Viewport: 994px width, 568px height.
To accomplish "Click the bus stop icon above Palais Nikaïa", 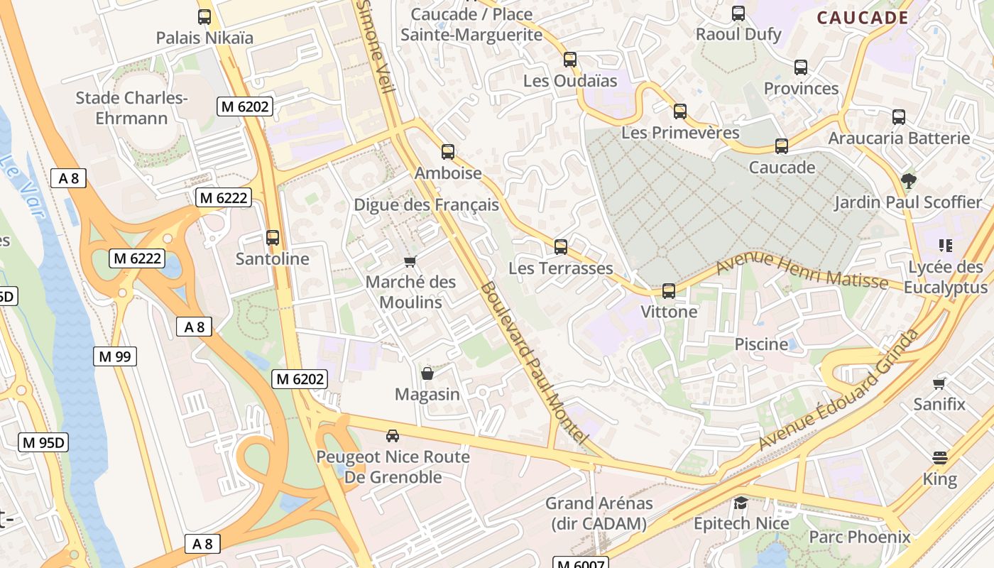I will [204, 17].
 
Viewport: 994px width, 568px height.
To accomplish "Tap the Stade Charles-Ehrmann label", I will [131, 108].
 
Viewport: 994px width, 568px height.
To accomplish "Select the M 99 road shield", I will [114, 356].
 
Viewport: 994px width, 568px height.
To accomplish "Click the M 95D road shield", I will [43, 442].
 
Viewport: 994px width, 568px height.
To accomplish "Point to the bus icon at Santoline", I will [273, 238].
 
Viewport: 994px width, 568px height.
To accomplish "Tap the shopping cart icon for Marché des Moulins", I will [410, 261].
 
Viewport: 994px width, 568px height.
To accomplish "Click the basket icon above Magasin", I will [427, 373].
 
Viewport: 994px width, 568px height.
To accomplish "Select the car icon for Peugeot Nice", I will [393, 435].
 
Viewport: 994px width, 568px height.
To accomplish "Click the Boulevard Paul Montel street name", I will [532, 362].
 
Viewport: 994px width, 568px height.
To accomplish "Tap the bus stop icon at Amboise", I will [448, 151].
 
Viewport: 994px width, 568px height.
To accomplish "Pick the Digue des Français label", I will [426, 205].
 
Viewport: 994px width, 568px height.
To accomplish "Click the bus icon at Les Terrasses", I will [561, 247].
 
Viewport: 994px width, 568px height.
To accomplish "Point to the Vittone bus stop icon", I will [669, 290].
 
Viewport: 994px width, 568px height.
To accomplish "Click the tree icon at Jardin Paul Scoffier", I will [908, 181].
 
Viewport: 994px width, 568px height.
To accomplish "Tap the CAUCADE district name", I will [863, 18].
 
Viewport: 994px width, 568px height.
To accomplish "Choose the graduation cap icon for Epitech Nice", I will [741, 503].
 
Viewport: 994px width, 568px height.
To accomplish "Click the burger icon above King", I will [940, 457].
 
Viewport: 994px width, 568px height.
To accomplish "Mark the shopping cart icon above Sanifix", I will [939, 383].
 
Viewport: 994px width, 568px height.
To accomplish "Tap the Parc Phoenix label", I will [859, 537].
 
